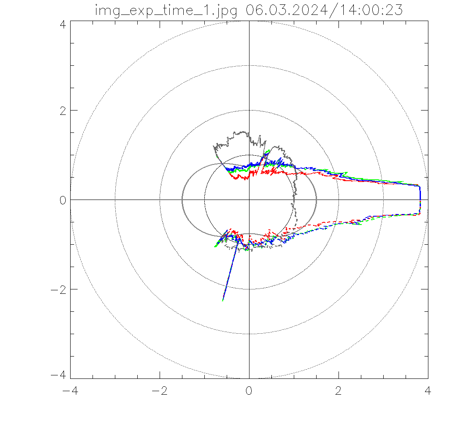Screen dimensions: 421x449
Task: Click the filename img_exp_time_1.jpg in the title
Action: [x=167, y=10]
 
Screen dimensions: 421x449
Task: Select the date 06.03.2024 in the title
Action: [x=285, y=10]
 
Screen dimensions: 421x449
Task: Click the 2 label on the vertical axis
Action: [x=63, y=110]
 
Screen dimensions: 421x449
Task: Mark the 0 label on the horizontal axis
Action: [x=249, y=391]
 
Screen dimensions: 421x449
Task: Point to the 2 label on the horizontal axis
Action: [x=339, y=391]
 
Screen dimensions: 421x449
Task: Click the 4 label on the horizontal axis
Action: [x=428, y=391]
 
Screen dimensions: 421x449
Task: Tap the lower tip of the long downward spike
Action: [x=223, y=300]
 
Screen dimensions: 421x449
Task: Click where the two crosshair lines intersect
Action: [x=249, y=200]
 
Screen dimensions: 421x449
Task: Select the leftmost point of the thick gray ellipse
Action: [x=182, y=200]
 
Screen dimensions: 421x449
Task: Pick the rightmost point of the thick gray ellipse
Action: [x=316, y=200]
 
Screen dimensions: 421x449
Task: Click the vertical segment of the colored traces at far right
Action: [x=420, y=200]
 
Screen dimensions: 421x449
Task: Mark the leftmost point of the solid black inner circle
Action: [x=204, y=200]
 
